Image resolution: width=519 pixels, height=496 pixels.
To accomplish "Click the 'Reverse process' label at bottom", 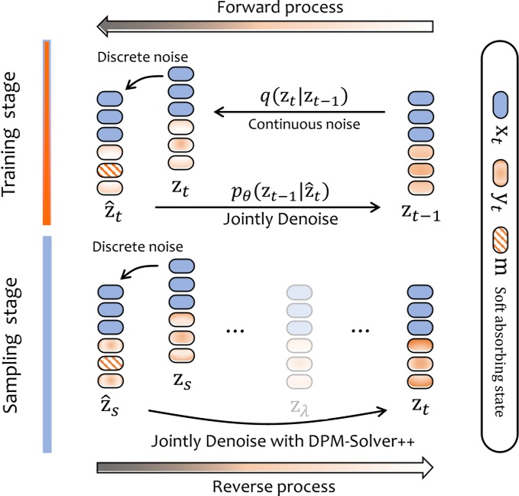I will coord(274,487).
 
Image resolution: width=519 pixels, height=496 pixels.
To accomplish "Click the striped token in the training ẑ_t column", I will coord(111,171).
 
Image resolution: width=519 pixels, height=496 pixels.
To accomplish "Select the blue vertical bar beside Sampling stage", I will coord(47,343).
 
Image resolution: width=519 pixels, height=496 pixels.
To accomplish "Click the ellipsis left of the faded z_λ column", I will coord(236,331).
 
